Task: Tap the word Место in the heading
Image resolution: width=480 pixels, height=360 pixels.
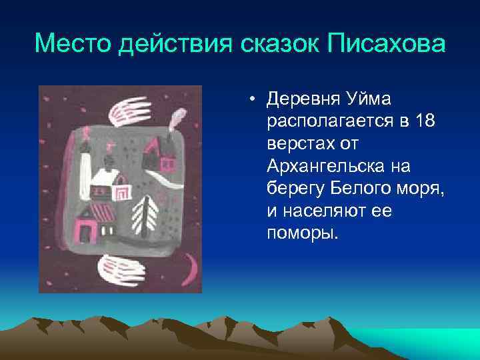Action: tap(73, 45)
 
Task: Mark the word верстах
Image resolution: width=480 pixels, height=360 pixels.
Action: tap(296, 143)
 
